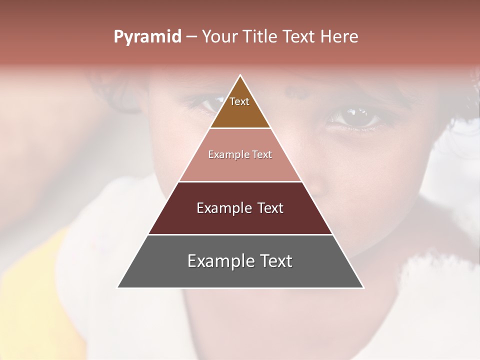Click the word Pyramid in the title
(147, 37)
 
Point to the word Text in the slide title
(299, 37)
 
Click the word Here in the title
(339, 37)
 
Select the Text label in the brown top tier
(239, 101)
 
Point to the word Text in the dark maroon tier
(270, 208)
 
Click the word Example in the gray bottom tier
(218, 261)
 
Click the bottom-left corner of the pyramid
(118, 287)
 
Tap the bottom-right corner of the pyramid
(363, 287)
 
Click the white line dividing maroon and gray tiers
(240, 234)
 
